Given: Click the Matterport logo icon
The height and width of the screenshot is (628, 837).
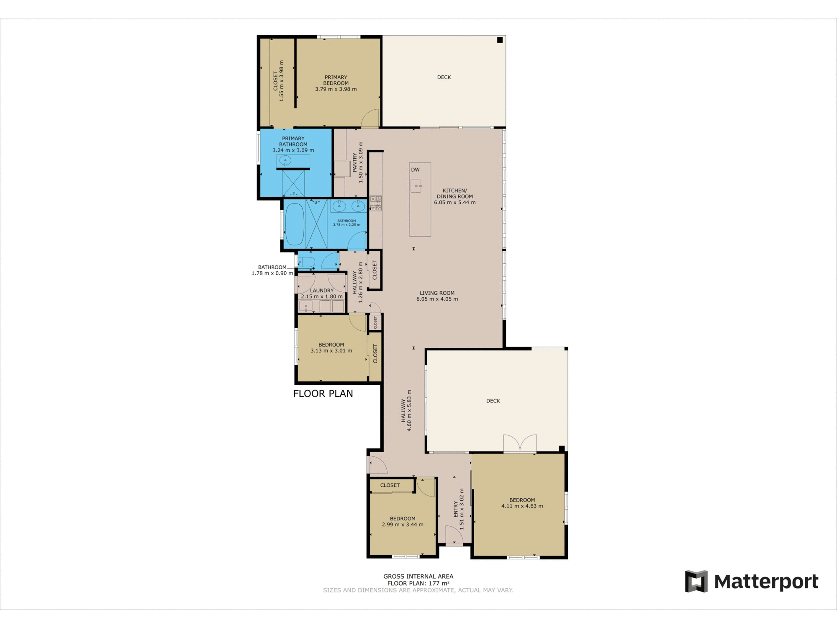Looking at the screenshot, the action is [x=696, y=581].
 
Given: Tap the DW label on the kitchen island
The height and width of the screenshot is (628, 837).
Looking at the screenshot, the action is [x=415, y=170].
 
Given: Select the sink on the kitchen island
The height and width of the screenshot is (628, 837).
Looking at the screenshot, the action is [x=416, y=186].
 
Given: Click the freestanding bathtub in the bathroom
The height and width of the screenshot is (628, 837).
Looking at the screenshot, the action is [x=294, y=224].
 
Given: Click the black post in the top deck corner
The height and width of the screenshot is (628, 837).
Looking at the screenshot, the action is [x=500, y=40].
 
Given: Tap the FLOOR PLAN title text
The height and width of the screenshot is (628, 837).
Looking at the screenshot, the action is [x=323, y=394].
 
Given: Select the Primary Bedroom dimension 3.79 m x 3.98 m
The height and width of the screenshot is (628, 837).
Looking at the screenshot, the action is [x=336, y=89].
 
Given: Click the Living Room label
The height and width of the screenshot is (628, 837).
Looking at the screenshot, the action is [x=437, y=293].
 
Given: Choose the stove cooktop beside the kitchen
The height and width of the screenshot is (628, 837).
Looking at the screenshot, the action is [x=376, y=203].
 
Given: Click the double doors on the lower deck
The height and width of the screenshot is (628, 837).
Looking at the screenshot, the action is [x=520, y=443].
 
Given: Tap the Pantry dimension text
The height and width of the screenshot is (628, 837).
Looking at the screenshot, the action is [x=361, y=162].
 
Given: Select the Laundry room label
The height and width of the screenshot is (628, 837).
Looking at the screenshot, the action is [x=322, y=291].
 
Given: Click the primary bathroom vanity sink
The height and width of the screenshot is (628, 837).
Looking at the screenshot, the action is [x=285, y=160].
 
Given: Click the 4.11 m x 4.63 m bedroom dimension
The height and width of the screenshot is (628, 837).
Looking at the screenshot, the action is [x=522, y=506].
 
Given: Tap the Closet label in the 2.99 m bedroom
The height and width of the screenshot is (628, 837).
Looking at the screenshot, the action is [x=390, y=485].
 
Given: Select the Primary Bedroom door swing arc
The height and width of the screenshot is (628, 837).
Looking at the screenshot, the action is [x=370, y=118].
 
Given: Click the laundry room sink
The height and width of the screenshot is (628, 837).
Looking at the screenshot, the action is [x=306, y=306].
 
